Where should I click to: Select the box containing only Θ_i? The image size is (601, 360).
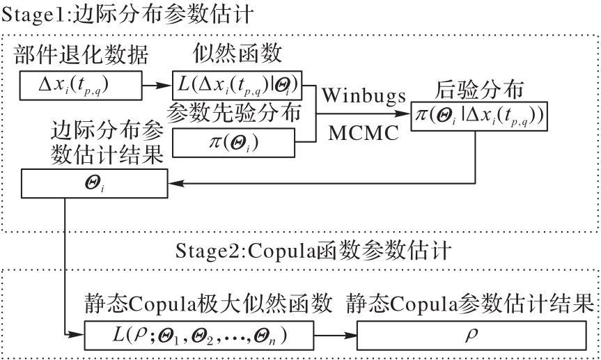(x=95, y=183)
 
